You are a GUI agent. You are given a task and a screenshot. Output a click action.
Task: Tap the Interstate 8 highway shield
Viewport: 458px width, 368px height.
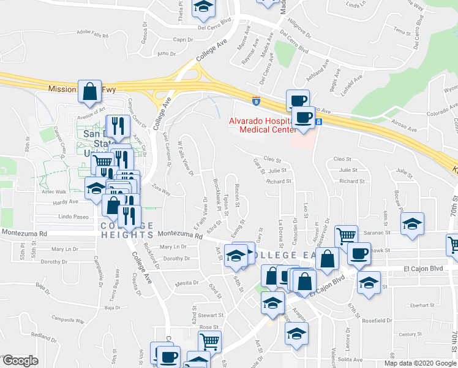pos(255,100)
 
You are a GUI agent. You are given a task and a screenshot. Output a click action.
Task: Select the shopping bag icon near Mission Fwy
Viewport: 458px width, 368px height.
pos(90,91)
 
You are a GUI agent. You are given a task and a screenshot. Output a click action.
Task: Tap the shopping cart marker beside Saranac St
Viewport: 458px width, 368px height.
pos(346,236)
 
